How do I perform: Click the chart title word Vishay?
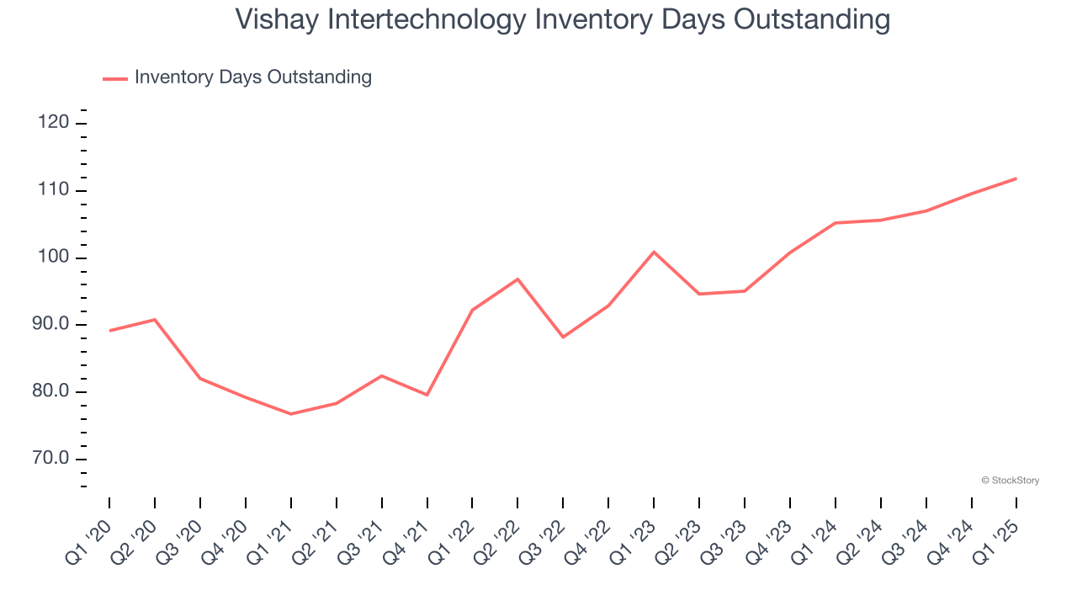click(x=274, y=19)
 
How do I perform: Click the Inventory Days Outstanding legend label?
click(x=252, y=77)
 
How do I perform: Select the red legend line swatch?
click(x=115, y=78)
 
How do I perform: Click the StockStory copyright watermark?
click(x=1010, y=481)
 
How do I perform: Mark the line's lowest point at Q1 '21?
click(x=291, y=414)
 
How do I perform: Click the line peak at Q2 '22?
click(x=517, y=279)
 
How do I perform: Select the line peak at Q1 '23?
click(x=654, y=252)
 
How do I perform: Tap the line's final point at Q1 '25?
click(x=1016, y=178)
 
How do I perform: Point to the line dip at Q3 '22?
click(x=563, y=337)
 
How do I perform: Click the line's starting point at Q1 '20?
click(x=109, y=331)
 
